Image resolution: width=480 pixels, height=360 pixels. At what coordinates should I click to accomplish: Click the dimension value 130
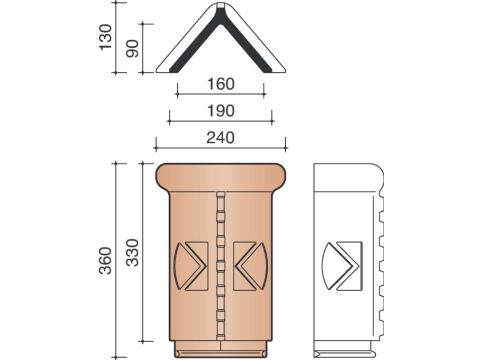coord(106,37)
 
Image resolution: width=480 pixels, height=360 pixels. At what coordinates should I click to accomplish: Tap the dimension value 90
coord(132,48)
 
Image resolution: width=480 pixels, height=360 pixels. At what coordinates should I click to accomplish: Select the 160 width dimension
coord(221,84)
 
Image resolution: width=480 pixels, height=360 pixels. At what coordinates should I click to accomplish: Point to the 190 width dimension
coord(221,111)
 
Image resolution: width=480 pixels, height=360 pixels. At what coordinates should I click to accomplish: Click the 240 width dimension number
coord(221,137)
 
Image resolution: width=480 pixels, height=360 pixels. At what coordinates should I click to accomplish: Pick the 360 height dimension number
coord(106,261)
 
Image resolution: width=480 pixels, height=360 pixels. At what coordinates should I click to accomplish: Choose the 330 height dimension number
coord(132,252)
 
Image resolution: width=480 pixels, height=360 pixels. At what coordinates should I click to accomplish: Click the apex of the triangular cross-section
coord(221,4)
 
